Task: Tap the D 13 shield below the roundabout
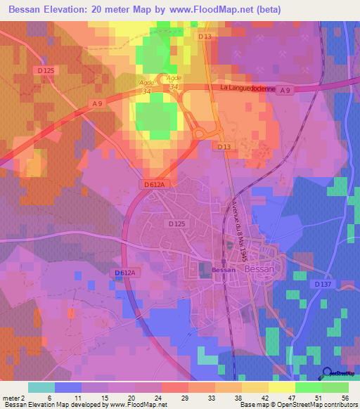click(x=224, y=145)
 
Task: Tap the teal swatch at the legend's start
click(x=41, y=387)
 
